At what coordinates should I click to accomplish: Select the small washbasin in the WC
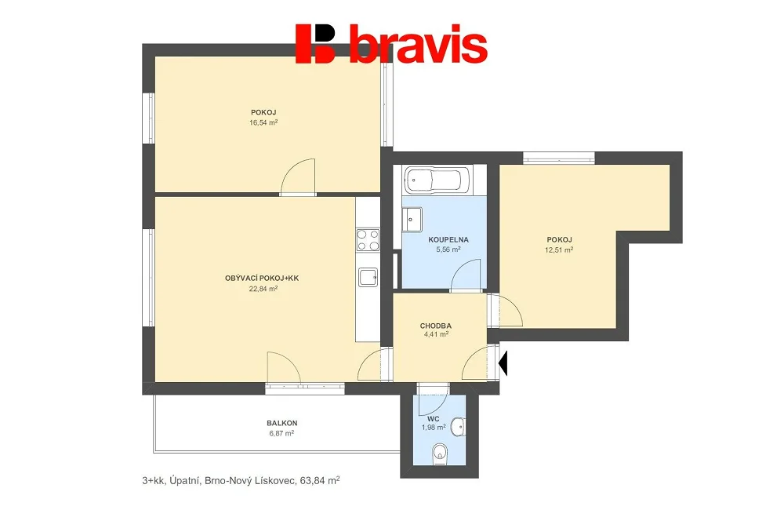[458, 427]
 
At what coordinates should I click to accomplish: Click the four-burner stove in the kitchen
[368, 240]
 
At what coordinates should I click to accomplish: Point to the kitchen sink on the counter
[368, 277]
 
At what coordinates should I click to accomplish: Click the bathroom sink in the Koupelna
[414, 219]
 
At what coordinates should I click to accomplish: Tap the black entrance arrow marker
[503, 363]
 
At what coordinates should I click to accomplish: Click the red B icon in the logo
[315, 43]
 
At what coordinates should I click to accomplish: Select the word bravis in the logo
[418, 44]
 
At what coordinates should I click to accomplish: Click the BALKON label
[282, 423]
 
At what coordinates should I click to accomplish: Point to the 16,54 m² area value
[263, 122]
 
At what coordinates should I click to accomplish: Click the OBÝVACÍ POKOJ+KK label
[262, 279]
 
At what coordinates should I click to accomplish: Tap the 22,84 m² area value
[263, 288]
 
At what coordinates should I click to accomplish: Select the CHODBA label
[435, 326]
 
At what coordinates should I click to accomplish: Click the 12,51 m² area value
[559, 250]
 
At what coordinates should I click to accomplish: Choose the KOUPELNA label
[448, 240]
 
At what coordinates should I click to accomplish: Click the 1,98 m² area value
[434, 428]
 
